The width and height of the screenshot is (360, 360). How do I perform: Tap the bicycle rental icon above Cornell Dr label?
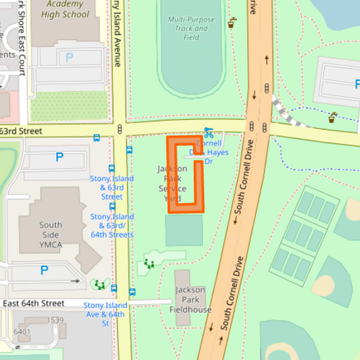209,133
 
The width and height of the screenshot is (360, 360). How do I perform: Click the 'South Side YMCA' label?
51,230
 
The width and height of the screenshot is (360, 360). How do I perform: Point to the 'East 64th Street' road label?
34,303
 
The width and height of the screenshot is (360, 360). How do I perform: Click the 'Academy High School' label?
66,9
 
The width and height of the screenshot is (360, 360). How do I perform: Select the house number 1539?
55,320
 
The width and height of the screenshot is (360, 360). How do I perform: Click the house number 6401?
22,332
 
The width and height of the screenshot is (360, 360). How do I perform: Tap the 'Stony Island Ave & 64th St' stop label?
105,314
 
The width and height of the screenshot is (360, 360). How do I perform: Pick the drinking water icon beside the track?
233,22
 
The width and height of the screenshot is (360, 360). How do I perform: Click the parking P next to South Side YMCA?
45,270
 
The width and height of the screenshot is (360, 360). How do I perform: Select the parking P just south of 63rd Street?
59,157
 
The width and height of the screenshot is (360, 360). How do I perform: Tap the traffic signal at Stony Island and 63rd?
120,128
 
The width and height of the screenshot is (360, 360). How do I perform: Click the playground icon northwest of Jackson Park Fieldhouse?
149,263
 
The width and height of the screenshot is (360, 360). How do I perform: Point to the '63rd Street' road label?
21,130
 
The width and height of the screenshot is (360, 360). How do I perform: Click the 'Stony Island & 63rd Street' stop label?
112,188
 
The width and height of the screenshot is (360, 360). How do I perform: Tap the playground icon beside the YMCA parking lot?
100,284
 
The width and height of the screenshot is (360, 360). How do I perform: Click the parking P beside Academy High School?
69,58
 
